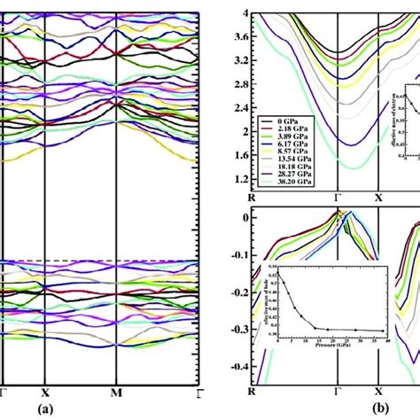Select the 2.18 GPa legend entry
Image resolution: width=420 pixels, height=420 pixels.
click(x=286, y=128)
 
